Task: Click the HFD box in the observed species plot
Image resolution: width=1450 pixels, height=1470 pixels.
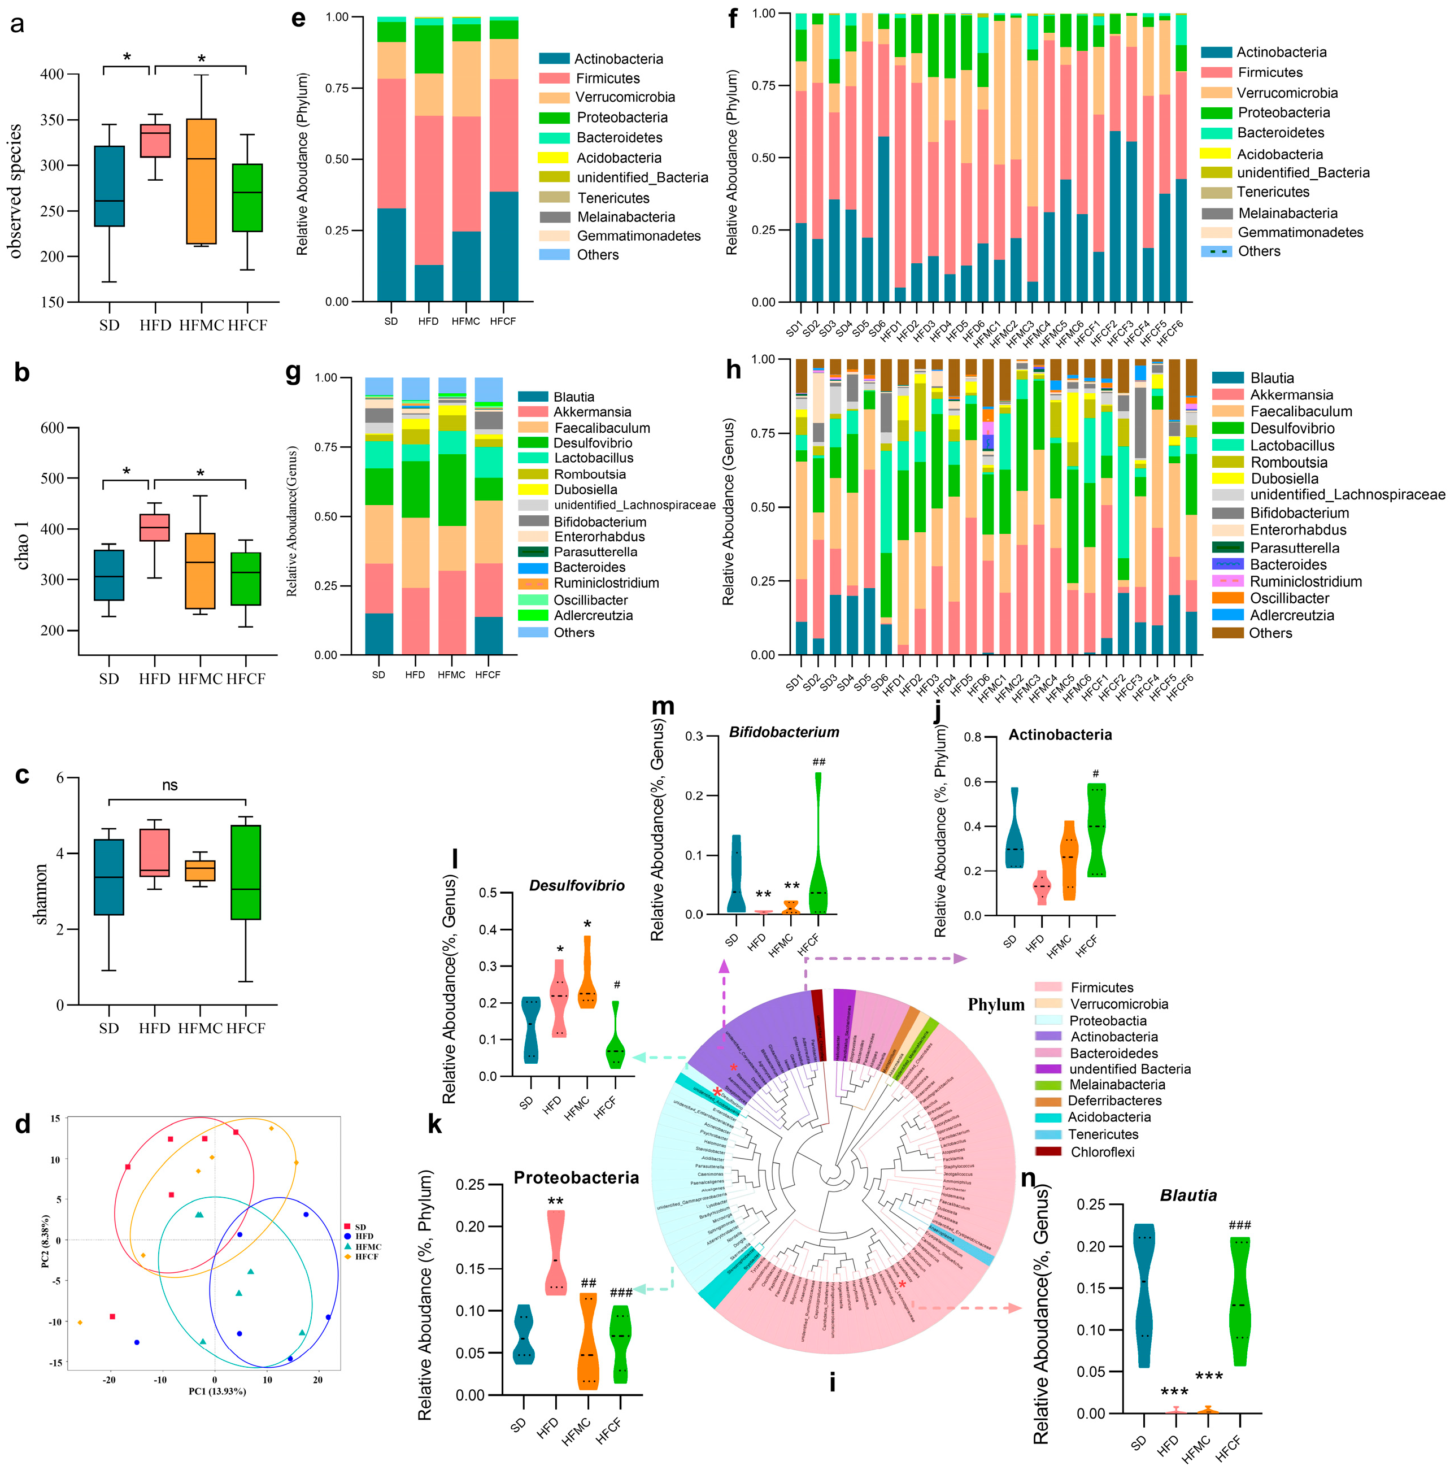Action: pyautogui.click(x=154, y=141)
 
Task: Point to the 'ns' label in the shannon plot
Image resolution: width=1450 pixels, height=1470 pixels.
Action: pyautogui.click(x=169, y=785)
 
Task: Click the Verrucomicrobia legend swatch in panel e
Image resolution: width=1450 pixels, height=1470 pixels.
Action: pyautogui.click(x=554, y=97)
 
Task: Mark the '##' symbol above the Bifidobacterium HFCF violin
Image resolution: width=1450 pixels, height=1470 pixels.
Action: pyautogui.click(x=818, y=762)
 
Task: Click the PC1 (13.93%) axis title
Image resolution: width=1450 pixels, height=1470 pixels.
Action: pyautogui.click(x=217, y=1391)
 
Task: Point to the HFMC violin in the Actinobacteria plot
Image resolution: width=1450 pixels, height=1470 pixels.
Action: pyautogui.click(x=1069, y=860)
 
